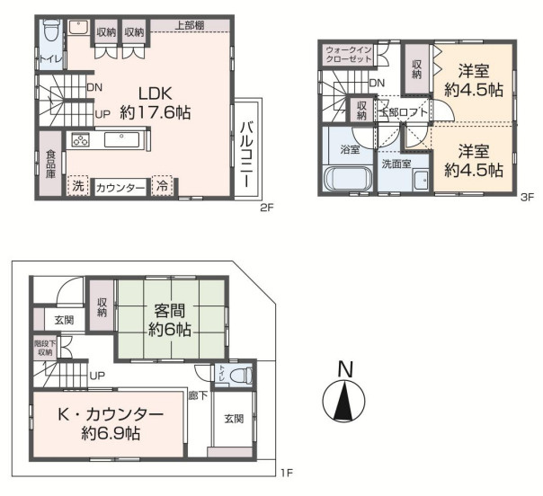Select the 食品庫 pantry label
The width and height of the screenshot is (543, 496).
pos(51,164)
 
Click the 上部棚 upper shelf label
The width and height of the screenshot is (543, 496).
pos(187,24)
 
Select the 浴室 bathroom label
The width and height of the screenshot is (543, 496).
pos(349,150)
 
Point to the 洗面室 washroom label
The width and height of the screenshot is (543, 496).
pos(396,164)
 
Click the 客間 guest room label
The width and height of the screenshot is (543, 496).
pos(169,310)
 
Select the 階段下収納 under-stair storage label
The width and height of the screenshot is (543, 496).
pos(44,348)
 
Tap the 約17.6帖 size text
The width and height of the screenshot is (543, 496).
pos(156,113)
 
